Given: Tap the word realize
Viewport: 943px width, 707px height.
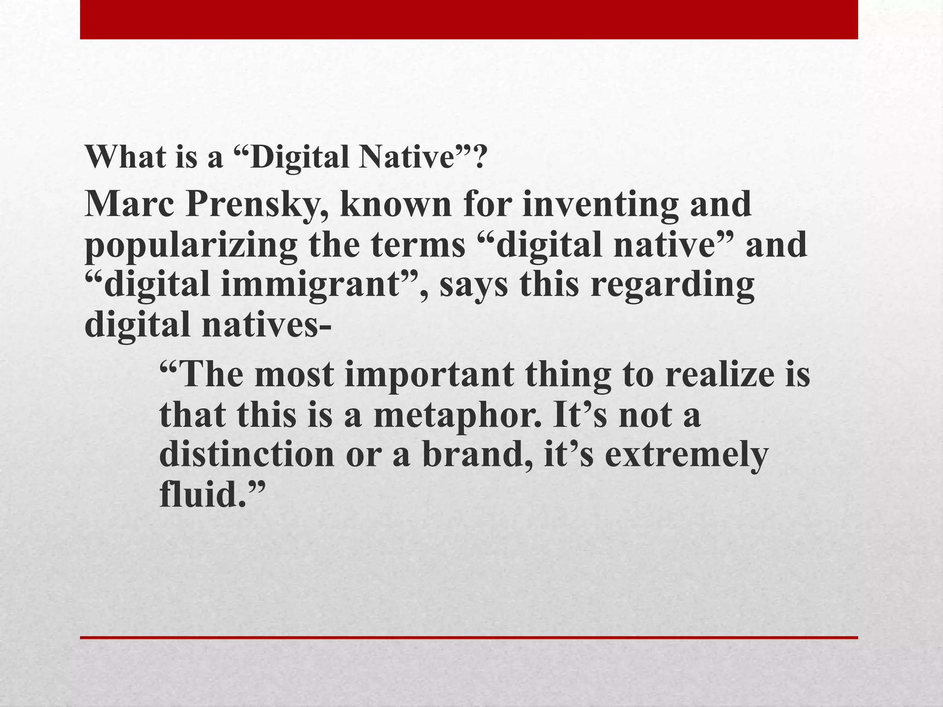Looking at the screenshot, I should coord(719,374).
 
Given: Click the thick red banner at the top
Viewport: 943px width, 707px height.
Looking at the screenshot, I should coord(469,19).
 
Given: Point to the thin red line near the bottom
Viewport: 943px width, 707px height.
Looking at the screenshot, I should coord(469,637).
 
